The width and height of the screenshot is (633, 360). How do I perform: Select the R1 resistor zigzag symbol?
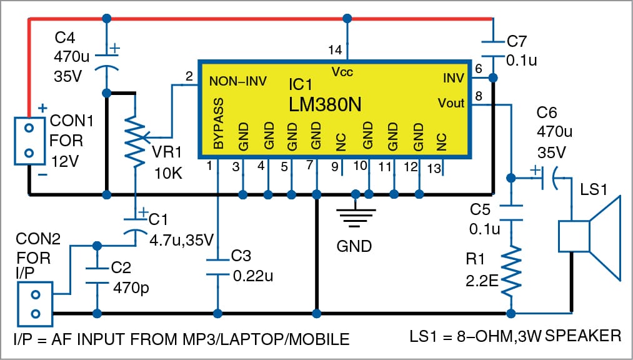point(512,271)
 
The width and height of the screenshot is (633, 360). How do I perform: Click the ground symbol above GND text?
point(355,216)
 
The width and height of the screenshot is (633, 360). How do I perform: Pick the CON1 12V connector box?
point(29,139)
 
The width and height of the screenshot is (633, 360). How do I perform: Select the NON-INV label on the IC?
point(238,81)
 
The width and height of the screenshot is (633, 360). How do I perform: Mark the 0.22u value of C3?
point(253,276)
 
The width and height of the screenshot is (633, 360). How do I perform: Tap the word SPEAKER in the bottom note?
point(584,336)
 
